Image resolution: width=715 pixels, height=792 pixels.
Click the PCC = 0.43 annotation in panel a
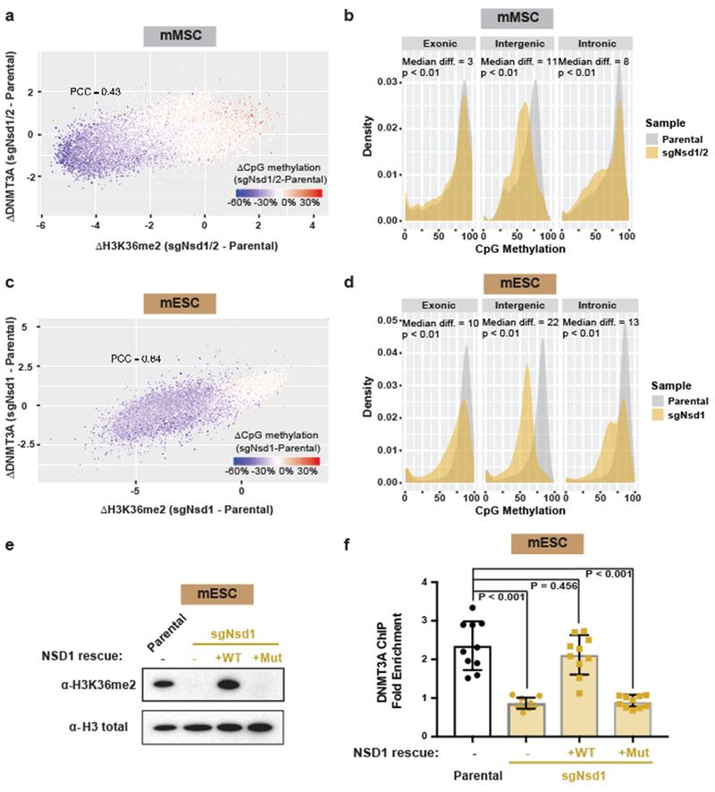point(97,91)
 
